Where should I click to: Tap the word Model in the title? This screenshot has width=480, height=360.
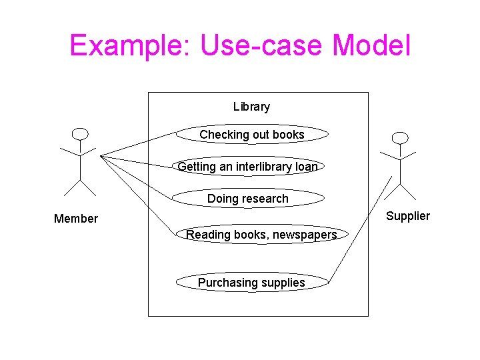coord(371,46)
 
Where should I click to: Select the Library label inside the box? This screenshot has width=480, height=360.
coord(251,107)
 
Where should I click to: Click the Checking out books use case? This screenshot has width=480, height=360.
coord(252,135)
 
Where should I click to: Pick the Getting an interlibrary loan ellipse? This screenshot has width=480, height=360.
coord(247,167)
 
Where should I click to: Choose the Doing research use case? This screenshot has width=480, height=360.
coord(248,199)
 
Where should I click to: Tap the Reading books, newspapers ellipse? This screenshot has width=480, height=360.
coord(261,235)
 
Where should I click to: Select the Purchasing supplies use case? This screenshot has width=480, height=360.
coord(251,283)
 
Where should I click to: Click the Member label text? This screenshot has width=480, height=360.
coord(76,219)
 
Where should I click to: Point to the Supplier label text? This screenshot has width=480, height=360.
coord(408,216)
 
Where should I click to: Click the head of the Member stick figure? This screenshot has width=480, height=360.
coord(80,133)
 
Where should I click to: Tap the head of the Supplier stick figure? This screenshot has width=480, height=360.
coord(399,138)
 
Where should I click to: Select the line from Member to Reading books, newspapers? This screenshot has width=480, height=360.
coord(138,195)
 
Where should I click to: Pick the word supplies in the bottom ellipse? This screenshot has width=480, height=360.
coord(283,283)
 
